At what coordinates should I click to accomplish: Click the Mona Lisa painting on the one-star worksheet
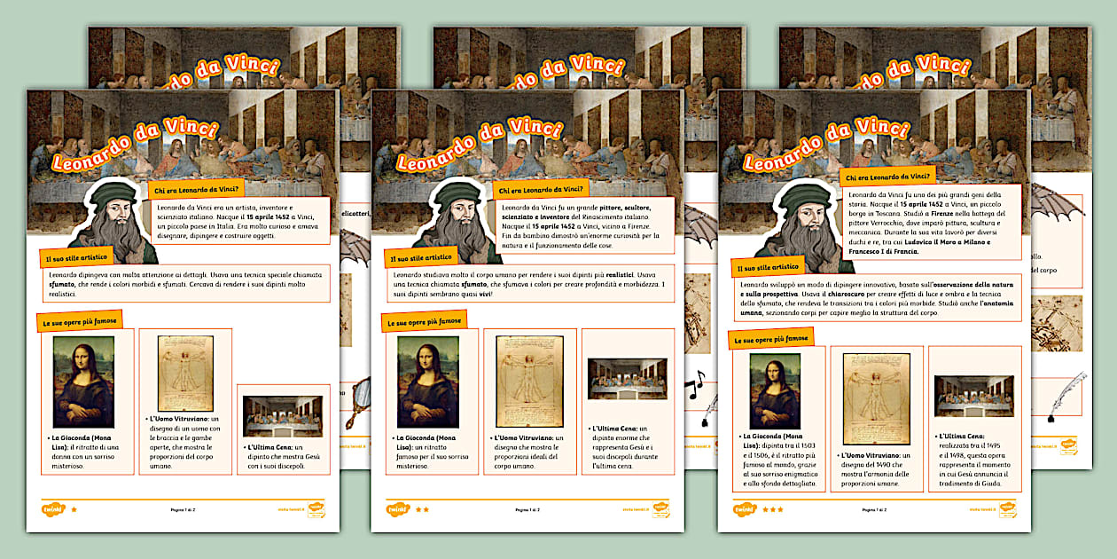(83, 382)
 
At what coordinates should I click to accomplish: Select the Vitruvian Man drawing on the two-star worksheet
(529, 381)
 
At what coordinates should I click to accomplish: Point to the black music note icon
(696, 383)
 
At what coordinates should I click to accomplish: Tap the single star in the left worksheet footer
(74, 509)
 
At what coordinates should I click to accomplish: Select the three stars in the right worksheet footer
(772, 509)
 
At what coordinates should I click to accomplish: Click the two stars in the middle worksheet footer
(422, 509)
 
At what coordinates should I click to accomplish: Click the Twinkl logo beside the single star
(51, 509)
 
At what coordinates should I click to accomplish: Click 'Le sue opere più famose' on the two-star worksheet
(424, 321)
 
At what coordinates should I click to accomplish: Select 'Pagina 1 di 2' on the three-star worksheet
(874, 510)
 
